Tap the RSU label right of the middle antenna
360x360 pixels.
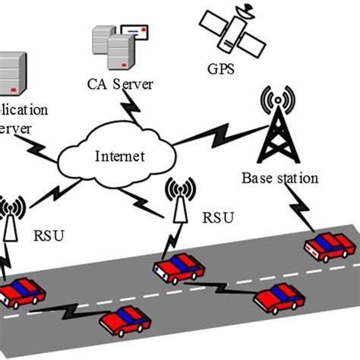(x=216, y=218)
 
